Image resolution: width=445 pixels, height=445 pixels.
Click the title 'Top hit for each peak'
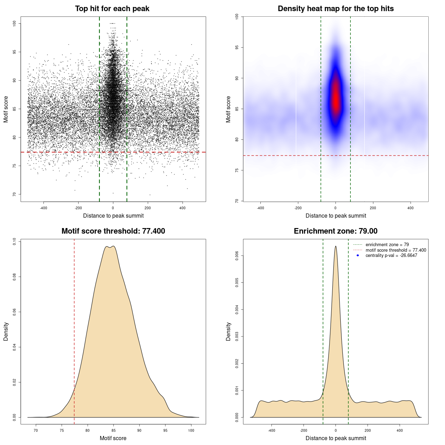tap(112, 9)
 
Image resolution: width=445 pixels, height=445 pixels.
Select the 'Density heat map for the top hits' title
tap(335, 9)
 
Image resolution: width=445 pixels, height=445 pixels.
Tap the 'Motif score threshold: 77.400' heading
tap(113, 231)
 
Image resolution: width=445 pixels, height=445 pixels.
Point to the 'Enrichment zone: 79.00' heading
tap(335, 231)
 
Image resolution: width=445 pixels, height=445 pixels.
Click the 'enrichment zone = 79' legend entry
tap(387, 245)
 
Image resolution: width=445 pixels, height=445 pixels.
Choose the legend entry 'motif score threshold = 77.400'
tap(396, 250)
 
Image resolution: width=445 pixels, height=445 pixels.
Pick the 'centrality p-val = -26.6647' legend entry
tap(391, 256)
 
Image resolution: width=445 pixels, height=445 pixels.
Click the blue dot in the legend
tap(358, 256)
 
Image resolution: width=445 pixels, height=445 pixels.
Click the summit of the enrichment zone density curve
tap(335, 246)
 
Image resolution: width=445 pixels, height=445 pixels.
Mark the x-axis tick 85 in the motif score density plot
tap(113, 430)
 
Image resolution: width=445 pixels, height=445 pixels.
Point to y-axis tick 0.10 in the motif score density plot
tap(14, 241)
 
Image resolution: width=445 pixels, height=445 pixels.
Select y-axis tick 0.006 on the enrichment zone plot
tap(237, 256)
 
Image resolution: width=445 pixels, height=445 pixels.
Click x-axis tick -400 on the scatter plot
tap(43, 208)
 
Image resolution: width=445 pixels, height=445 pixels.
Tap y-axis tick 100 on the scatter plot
tap(14, 23)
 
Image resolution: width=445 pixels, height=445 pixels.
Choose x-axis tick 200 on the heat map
tap(373, 208)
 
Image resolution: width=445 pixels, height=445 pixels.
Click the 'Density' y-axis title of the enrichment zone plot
tap(228, 331)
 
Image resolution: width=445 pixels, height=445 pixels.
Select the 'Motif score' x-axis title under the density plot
tap(113, 438)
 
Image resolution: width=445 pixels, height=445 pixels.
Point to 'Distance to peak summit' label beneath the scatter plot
tap(113, 216)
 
